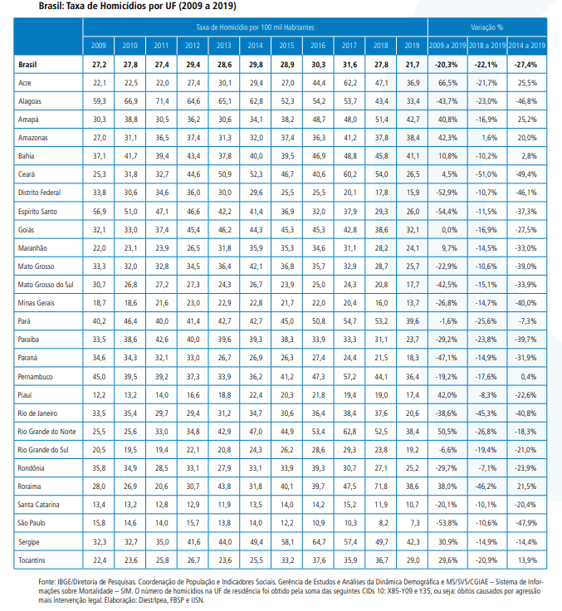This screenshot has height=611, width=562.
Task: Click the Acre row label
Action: [25, 83]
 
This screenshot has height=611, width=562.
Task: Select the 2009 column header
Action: [99, 46]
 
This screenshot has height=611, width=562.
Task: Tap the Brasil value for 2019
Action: [413, 65]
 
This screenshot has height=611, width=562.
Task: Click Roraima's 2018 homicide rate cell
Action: [381, 486]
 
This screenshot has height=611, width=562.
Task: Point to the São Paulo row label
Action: [32, 523]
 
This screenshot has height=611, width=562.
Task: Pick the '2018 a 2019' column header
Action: [487, 46]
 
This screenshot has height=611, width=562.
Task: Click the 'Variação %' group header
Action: [486, 27]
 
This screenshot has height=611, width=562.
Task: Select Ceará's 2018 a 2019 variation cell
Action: [486, 174]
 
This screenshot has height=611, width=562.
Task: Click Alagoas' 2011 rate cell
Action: [162, 101]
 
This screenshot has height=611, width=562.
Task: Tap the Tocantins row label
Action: [32, 560]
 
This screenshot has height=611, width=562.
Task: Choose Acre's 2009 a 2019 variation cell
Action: [447, 83]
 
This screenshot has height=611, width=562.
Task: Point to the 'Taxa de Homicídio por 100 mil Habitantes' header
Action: [255, 27]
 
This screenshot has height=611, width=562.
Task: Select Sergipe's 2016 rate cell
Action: [319, 542]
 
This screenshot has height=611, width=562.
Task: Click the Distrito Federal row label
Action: [39, 193]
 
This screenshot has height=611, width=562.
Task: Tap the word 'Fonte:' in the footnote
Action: [46, 582]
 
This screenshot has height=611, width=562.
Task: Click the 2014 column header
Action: [256, 46]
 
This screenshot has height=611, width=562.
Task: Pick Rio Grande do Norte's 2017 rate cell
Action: [349, 432]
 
